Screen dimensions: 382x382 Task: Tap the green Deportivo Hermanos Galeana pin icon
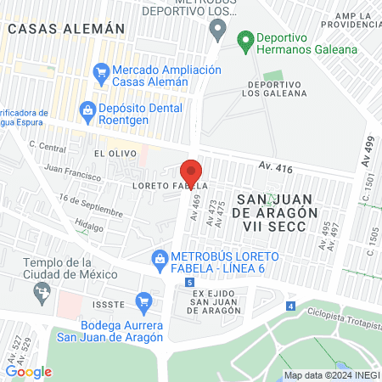(x=245, y=39)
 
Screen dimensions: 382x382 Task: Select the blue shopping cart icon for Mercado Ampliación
(x=101, y=71)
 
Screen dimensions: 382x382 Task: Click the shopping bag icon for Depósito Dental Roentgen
(x=86, y=109)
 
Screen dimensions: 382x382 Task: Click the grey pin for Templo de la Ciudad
(x=40, y=293)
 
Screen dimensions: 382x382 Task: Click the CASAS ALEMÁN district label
(x=65, y=28)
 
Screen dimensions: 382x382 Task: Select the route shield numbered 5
(x=188, y=282)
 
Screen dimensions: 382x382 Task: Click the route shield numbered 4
(x=290, y=306)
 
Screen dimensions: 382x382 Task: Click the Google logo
(x=29, y=371)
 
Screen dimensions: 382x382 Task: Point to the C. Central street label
(x=47, y=147)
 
